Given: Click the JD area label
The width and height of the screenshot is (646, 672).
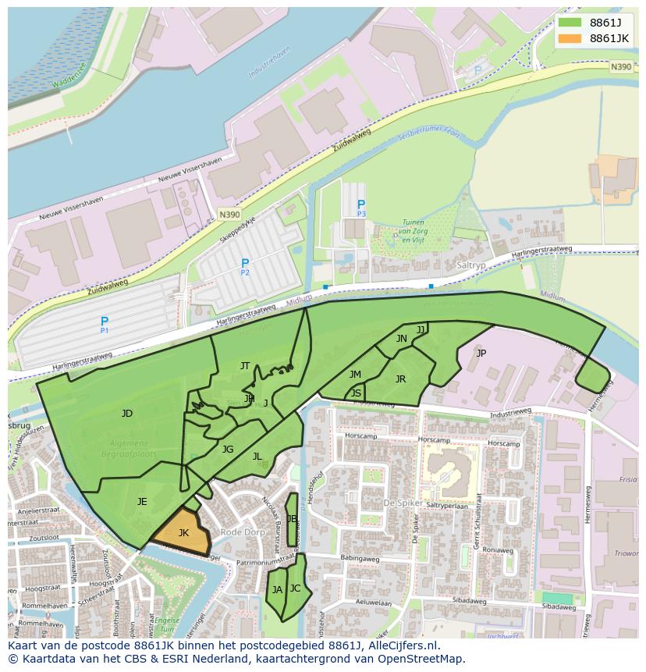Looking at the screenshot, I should point(127,414).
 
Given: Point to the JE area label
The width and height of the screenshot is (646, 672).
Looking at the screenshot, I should point(142,502).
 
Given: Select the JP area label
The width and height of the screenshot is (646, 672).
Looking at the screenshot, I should point(481,353).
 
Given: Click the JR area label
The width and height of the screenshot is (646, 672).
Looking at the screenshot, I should point(400,379).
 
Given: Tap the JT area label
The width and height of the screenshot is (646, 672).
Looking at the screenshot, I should point(245,366).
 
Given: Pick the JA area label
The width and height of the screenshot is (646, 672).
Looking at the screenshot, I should point(277,590).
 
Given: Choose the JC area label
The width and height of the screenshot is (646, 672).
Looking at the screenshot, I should point(295,588).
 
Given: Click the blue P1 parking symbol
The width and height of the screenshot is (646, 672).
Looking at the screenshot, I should point(105,322).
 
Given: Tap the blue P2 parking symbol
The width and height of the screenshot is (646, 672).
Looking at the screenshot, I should point(245,265).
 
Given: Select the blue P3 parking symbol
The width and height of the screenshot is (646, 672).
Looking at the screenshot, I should point(361,206).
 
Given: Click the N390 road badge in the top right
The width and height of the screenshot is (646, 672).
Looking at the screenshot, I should point(621,67).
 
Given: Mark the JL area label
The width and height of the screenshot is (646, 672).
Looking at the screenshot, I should point(257,457).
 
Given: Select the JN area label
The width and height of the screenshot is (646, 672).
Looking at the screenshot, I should point(401,339).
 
